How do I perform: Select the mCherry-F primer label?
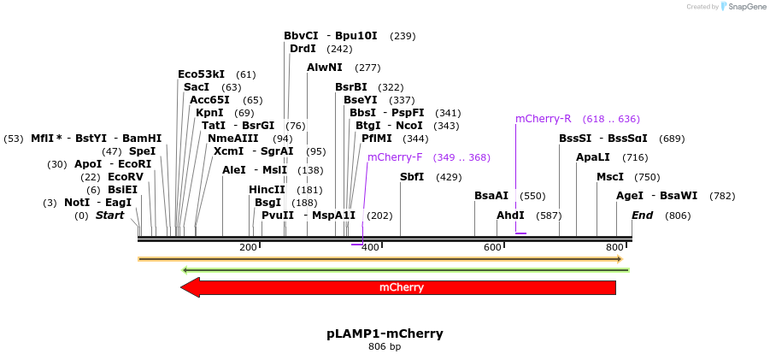coord(395,157)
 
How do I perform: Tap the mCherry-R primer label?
coord(543,119)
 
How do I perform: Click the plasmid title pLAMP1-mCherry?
coord(385,333)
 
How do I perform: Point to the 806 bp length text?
coord(385,346)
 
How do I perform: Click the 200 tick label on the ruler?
coord(248,247)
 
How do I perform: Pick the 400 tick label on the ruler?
coord(370,247)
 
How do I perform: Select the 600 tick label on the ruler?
coord(492,247)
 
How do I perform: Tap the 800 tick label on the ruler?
coord(614,247)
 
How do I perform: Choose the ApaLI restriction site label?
coord(593,157)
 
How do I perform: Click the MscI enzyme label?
coord(610,177)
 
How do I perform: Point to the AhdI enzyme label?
coord(510,215)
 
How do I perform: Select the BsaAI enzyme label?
coord(491,196)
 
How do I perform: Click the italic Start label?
coord(109,215)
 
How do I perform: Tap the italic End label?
coord(642,215)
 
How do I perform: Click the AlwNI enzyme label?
coord(325,68)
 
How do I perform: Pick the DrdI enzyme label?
coord(303,49)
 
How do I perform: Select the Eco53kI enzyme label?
coord(201,74)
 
